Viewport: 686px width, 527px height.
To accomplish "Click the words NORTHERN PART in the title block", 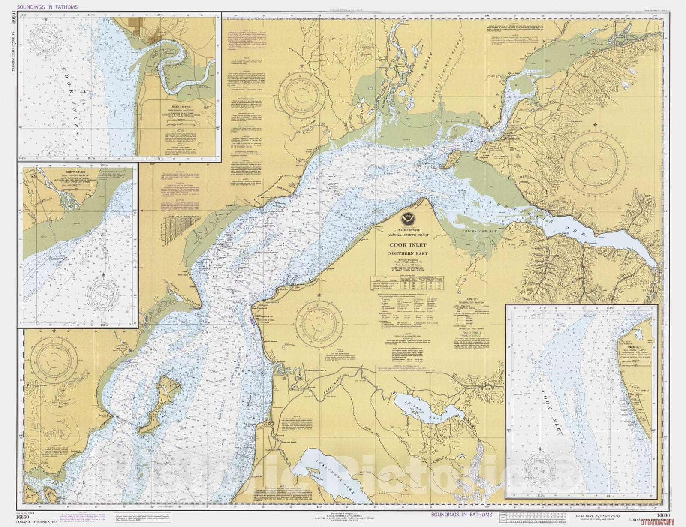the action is pyautogui.click(x=408, y=253).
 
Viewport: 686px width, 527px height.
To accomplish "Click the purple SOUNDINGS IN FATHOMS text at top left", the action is pyautogui.click(x=48, y=7).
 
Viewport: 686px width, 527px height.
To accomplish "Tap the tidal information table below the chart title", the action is pyautogui.click(x=407, y=283).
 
